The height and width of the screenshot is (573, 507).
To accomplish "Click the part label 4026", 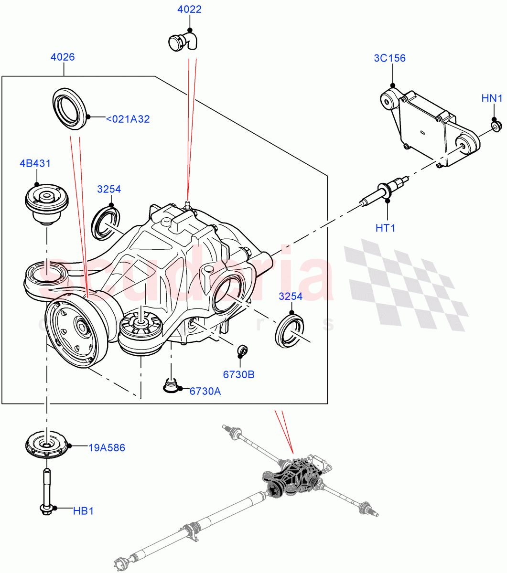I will coord(63,57).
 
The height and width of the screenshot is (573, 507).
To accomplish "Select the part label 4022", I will coord(189,10).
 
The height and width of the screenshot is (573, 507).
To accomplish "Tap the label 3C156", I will coord(389,58).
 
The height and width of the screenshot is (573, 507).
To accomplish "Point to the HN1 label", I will coord(492,99).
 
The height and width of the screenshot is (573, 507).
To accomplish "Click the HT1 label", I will coord(385,228).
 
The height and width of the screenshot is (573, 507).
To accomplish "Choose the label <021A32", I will coord(128,119).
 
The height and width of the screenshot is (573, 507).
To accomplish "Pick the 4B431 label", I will coord(35,164).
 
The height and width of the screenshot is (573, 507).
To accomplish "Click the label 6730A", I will coord(205,392).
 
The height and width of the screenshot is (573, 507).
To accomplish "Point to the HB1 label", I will coord(83,511).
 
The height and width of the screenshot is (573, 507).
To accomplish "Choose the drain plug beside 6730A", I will coord(170,385).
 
